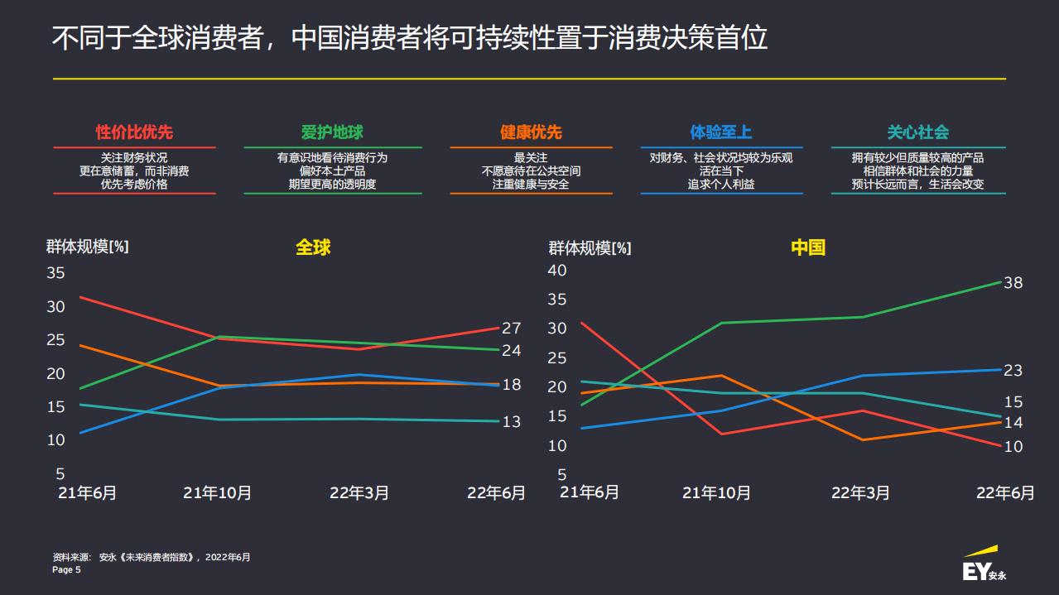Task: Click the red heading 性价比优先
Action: [x=134, y=132]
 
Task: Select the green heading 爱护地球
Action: [x=332, y=132]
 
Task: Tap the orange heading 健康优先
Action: [x=531, y=132]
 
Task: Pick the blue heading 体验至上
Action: [x=721, y=132]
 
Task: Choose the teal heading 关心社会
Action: [x=918, y=132]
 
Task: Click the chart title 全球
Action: [x=313, y=247]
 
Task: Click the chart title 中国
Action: [x=808, y=247]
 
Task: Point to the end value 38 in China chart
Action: [x=1013, y=283]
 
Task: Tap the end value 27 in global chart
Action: [x=511, y=328]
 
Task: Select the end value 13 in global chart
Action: [x=511, y=422]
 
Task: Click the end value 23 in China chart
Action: [x=1013, y=370]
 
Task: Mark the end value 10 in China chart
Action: [x=1013, y=447]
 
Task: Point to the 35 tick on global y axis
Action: [x=55, y=273]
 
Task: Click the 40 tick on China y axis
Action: [x=557, y=270]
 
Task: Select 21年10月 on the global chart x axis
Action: [x=217, y=493]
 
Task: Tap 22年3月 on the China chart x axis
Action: [x=860, y=493]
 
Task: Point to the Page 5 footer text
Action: [x=66, y=570]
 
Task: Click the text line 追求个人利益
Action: [x=721, y=185]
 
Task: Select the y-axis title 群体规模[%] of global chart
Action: [x=87, y=247]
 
